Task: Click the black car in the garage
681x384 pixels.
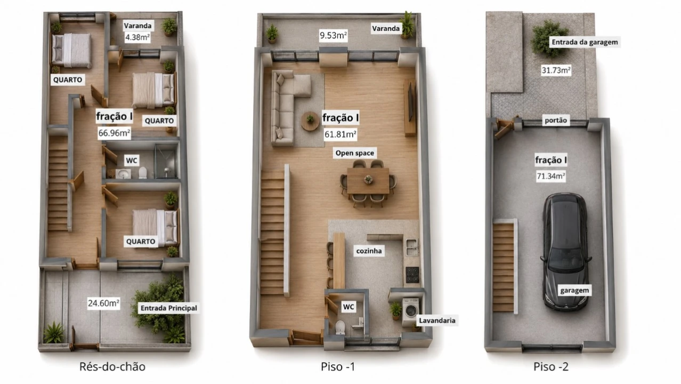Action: click(x=565, y=252)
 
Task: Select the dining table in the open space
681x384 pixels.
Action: click(x=368, y=181)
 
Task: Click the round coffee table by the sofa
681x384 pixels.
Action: click(x=310, y=121)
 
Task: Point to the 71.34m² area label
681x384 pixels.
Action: click(x=551, y=176)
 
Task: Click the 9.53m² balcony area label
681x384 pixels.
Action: click(x=333, y=35)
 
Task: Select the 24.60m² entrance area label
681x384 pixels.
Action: click(x=103, y=303)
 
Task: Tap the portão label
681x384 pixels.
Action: click(x=556, y=120)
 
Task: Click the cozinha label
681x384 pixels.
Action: click(x=369, y=251)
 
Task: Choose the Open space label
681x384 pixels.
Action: click(x=355, y=153)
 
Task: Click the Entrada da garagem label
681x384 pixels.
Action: click(x=585, y=42)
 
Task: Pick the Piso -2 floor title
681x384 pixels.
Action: click(x=551, y=366)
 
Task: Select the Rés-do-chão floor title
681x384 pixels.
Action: click(x=112, y=366)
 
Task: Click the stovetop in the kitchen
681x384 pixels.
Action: click(x=412, y=275)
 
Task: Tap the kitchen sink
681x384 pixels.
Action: click(x=412, y=247)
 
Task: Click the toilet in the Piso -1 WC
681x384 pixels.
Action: click(x=340, y=327)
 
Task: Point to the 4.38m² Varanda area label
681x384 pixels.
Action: click(x=137, y=37)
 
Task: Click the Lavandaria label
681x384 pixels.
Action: click(x=437, y=321)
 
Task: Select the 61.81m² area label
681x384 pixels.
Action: click(x=340, y=134)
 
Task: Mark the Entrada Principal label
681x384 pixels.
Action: click(x=169, y=308)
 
